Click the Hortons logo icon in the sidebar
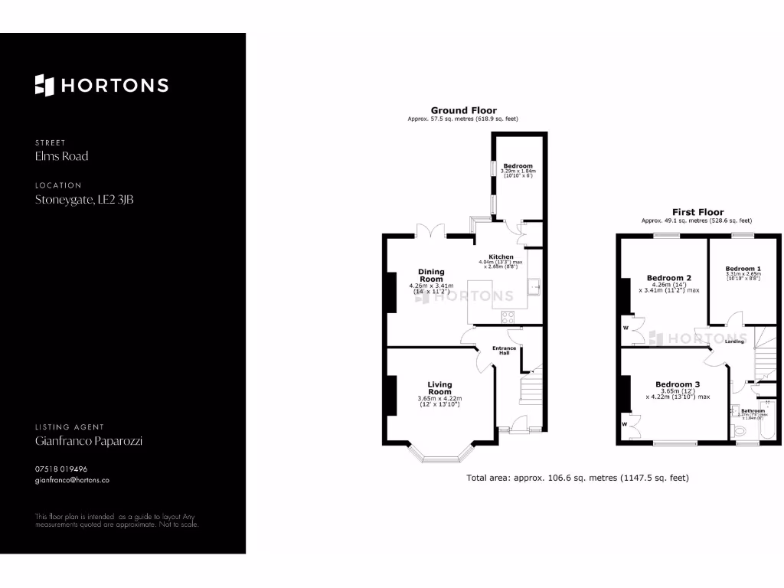point(44,85)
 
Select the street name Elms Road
point(62,156)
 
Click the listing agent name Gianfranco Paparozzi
point(89,441)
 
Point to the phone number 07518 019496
point(61,469)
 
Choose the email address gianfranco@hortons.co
point(72,480)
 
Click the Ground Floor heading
point(463,110)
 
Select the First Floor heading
point(697,212)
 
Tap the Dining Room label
point(431,276)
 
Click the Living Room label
point(439,388)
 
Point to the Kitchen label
point(501,256)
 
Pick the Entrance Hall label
point(504,351)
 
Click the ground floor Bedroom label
point(518,165)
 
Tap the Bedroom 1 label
point(742,269)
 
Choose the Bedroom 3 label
point(677,384)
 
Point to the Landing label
point(734,341)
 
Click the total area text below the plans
point(577,478)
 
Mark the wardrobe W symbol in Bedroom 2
point(626,328)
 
